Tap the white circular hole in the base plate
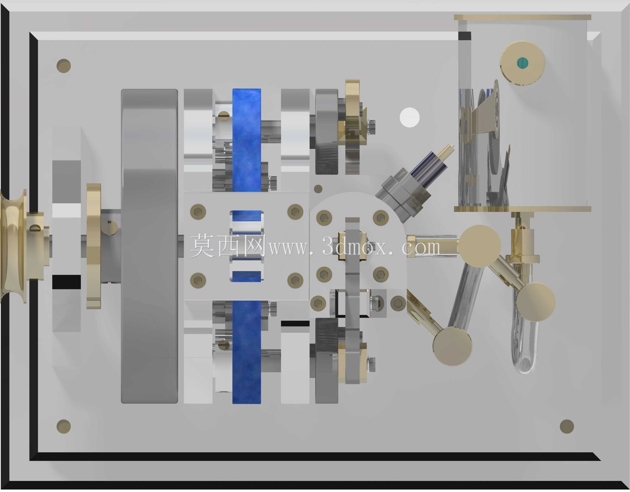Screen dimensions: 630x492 click(410, 117)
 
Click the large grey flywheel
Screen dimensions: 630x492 click(149, 246)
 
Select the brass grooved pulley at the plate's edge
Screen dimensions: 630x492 click(13, 246)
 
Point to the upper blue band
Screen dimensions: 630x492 click(247, 140)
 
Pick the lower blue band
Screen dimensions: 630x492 click(247, 352)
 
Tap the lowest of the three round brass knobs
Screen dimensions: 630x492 click(452, 347)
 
